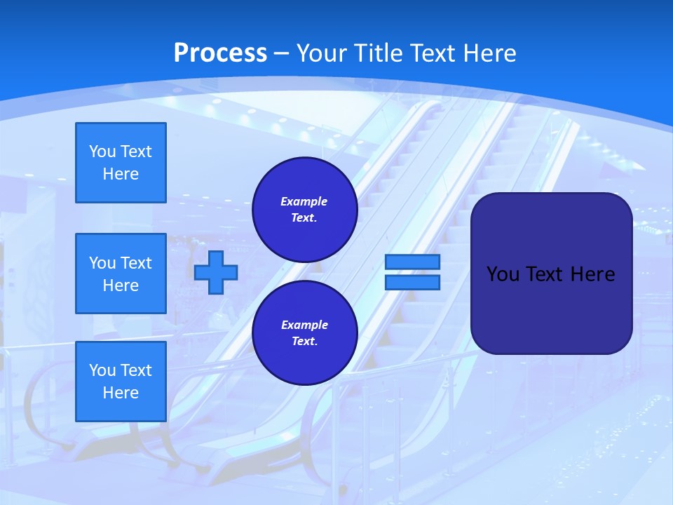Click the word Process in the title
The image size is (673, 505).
(x=220, y=53)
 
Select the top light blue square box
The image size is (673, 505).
(x=121, y=163)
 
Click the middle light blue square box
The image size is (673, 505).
(x=121, y=274)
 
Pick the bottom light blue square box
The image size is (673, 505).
(x=121, y=382)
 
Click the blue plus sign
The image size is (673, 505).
(x=216, y=273)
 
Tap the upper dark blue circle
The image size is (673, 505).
(x=304, y=210)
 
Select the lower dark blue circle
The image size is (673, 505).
(x=304, y=333)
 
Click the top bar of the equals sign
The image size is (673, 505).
(x=412, y=262)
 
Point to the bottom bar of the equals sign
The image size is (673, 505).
(x=412, y=283)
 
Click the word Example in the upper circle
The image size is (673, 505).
(x=304, y=202)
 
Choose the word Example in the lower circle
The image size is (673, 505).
(x=304, y=325)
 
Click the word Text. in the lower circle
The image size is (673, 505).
(x=304, y=342)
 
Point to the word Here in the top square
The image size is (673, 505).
(x=121, y=174)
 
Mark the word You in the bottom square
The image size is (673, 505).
(x=101, y=370)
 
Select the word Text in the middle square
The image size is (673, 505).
(x=135, y=263)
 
